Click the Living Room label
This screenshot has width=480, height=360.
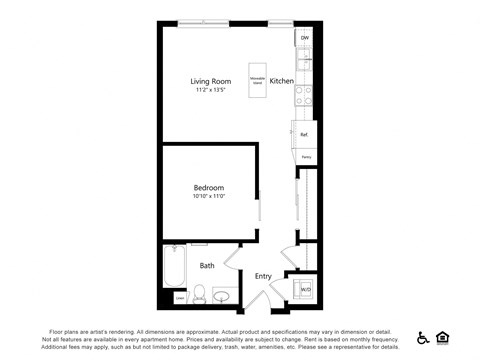(211, 81)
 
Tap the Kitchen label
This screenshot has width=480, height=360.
(281, 81)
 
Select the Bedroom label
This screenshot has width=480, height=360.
(208, 187)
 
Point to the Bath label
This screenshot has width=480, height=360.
(207, 266)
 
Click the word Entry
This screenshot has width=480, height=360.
(263, 276)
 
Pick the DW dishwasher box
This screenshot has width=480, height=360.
(305, 38)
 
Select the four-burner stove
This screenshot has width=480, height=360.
(304, 95)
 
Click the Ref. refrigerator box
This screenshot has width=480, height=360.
(304, 134)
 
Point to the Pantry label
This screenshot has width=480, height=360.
(306, 157)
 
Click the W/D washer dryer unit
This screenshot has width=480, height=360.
(304, 290)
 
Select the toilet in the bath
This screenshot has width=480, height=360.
(199, 294)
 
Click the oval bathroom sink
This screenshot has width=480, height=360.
(222, 295)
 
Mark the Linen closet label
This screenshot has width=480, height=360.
(180, 297)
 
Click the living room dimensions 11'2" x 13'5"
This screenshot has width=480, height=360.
(211, 91)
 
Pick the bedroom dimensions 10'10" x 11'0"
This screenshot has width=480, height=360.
(208, 197)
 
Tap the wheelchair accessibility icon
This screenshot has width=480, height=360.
(423, 338)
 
